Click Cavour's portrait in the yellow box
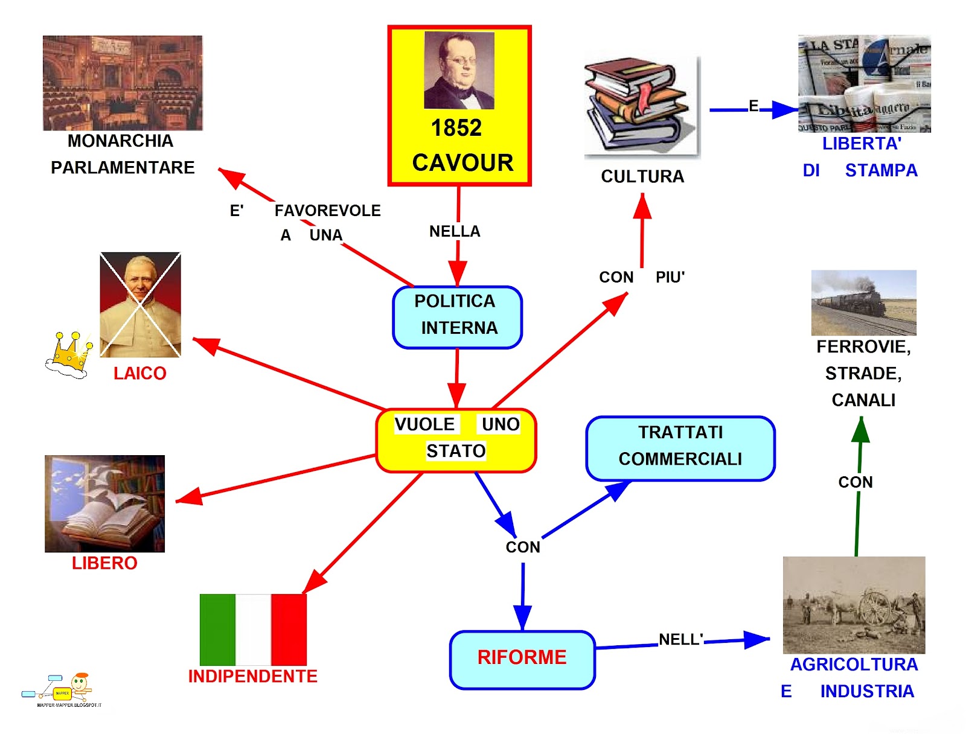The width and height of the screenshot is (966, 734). (459, 70)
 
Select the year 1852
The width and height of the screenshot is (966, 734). (456, 128)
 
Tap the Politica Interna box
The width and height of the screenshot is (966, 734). (457, 317)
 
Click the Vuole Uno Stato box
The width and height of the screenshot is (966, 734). (456, 440)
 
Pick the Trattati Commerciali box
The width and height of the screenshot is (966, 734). (680, 448)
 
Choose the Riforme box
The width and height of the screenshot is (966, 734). (522, 659)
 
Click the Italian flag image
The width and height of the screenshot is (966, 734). (253, 629)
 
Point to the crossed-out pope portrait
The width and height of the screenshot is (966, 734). (140, 305)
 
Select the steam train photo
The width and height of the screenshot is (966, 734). (863, 302)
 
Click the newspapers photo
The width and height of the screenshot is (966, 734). (864, 83)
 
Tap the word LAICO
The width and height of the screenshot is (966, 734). (139, 374)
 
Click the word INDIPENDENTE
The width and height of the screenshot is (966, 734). (252, 676)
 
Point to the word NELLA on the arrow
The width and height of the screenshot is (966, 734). (454, 231)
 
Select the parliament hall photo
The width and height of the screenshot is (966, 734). (123, 83)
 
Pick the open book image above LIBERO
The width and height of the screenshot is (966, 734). (104, 503)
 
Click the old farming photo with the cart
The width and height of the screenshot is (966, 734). (854, 605)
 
